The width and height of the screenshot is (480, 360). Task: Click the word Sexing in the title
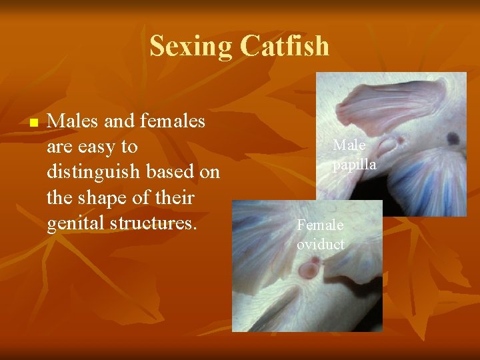(191, 46)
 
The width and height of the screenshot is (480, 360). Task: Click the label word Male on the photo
(349, 145)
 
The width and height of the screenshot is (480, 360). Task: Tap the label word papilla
(355, 164)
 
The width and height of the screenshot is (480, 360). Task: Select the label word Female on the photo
(320, 225)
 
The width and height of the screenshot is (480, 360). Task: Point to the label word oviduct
(321, 244)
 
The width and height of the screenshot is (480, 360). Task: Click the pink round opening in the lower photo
(308, 270)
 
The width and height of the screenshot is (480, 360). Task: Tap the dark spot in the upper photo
(453, 139)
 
